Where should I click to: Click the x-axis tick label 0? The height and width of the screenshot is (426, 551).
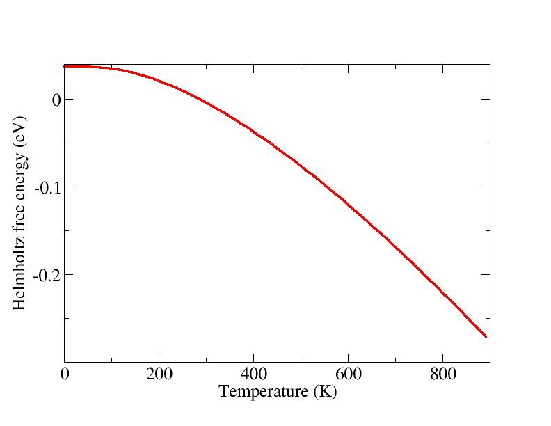coord(65,374)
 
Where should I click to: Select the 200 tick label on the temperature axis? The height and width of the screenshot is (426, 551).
coord(159,374)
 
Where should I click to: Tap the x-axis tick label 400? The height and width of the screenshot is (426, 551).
coord(253,374)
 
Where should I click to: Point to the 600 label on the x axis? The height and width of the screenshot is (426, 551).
coord(348,374)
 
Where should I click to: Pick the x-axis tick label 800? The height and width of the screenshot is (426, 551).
coord(442,374)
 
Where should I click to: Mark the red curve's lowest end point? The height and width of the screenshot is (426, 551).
coord(486,336)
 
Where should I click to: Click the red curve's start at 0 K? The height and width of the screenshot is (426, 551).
coord(65,67)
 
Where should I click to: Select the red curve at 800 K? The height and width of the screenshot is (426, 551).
coord(442,292)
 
